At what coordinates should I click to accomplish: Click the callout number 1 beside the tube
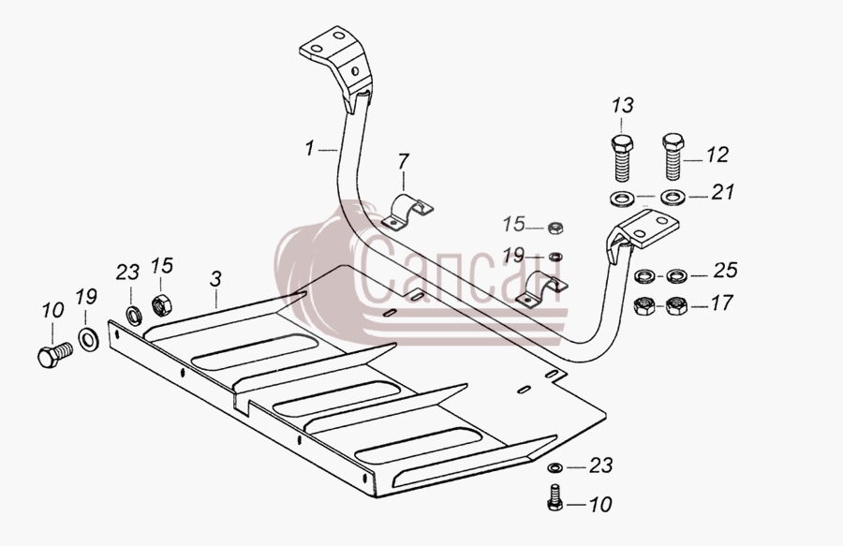309,148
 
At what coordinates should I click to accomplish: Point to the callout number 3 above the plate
215,279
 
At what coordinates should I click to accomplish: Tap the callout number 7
403,161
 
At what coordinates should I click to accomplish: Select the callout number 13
622,105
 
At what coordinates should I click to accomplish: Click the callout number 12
717,155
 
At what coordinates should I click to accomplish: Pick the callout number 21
722,192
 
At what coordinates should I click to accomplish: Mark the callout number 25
725,271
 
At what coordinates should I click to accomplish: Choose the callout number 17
721,303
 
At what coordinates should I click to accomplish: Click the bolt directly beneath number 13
622,158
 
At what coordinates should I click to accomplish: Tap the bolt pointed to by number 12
673,157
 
